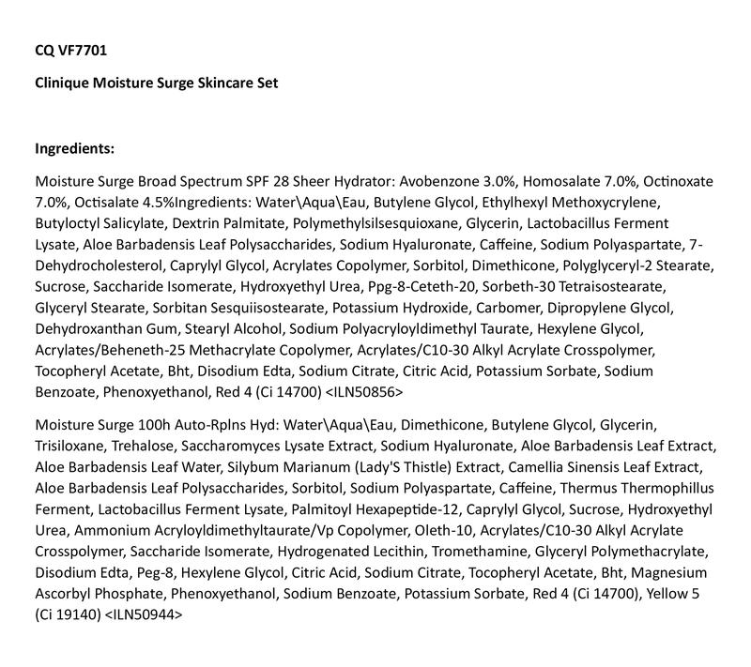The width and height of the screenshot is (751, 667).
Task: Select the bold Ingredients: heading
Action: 75,148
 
